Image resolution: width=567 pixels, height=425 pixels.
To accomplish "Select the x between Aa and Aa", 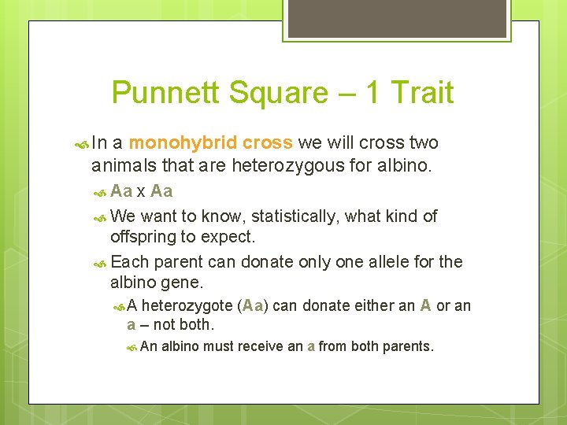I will tap(140, 191).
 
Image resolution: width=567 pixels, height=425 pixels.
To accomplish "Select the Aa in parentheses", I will tap(253, 306).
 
